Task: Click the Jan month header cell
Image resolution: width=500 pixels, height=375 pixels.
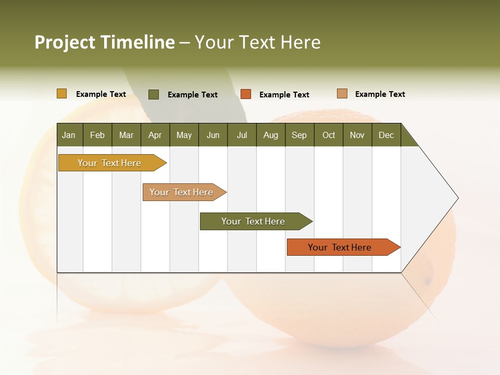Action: click(x=69, y=135)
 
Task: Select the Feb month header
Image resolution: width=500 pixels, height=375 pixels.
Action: click(x=97, y=135)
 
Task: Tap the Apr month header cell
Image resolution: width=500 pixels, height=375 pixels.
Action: click(x=155, y=135)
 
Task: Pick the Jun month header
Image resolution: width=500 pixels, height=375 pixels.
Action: click(x=213, y=135)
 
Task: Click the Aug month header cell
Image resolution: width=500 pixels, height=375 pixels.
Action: click(x=271, y=135)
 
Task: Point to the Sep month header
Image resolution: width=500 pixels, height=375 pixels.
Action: click(x=299, y=135)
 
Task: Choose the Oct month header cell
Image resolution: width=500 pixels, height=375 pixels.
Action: click(x=329, y=135)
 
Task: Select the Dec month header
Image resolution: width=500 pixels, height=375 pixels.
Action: click(x=386, y=135)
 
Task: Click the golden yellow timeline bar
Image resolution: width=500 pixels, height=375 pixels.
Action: click(x=109, y=163)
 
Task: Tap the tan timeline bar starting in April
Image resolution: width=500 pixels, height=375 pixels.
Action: click(x=182, y=192)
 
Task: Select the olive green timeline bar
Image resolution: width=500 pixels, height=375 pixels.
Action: click(x=253, y=221)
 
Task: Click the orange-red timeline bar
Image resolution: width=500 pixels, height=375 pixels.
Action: click(x=340, y=247)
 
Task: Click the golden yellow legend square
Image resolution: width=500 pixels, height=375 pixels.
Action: click(x=61, y=94)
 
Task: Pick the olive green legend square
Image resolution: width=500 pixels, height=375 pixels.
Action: click(x=154, y=94)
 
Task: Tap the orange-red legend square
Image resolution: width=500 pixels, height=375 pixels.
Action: click(x=246, y=94)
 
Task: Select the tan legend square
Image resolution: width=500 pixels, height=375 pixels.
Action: click(x=342, y=94)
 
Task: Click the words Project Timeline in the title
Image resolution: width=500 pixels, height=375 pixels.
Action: click(x=105, y=42)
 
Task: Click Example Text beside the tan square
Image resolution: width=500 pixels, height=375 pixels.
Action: click(x=380, y=94)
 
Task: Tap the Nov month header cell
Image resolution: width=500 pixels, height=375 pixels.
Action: click(x=357, y=135)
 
